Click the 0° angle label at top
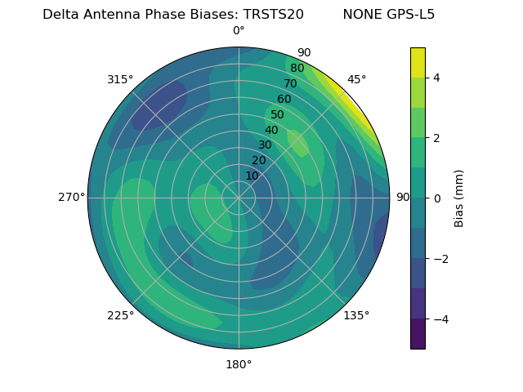[x=239, y=31]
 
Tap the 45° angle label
[x=356, y=79]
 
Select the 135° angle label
[x=356, y=316]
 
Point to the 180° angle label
[x=239, y=364]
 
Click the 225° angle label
[x=120, y=316]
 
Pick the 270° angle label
[x=71, y=198]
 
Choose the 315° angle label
[x=120, y=79]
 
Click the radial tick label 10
[x=252, y=176]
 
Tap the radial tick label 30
[x=265, y=145]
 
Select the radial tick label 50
[x=277, y=115]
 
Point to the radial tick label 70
[x=290, y=83]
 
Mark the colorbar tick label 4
[x=436, y=78]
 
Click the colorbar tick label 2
[x=436, y=138]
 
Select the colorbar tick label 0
[x=436, y=198]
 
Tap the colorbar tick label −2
[x=440, y=259]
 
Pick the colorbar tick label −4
[x=440, y=319]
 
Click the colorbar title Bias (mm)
[x=459, y=198]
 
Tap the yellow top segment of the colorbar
[x=418, y=63]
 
